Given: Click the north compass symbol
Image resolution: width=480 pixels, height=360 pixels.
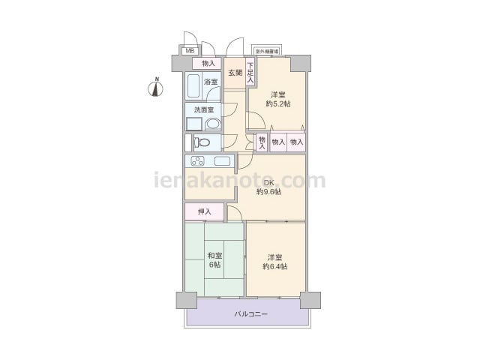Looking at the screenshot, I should pyautogui.click(x=156, y=88).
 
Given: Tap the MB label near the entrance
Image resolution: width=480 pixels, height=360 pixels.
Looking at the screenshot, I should pyautogui.click(x=189, y=51).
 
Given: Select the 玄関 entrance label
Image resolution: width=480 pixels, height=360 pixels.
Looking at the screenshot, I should pyautogui.click(x=235, y=73).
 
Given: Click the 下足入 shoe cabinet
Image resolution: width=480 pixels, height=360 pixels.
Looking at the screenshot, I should pyautogui.click(x=250, y=73).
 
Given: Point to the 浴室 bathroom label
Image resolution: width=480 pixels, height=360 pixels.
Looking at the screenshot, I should pyautogui.click(x=211, y=82).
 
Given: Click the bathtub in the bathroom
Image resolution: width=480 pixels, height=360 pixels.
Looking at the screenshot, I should pyautogui.click(x=193, y=86).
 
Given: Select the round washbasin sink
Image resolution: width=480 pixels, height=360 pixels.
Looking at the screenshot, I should pyautogui.click(x=212, y=124).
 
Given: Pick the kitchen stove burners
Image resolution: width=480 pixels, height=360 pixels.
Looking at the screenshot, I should pyautogui.click(x=198, y=160).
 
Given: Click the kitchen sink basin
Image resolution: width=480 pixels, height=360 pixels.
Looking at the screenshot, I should pyautogui.click(x=223, y=160).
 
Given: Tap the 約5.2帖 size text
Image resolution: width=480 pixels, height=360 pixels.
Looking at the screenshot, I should pyautogui.click(x=278, y=104).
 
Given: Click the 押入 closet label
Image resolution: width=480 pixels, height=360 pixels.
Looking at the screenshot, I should pyautogui.click(x=204, y=212).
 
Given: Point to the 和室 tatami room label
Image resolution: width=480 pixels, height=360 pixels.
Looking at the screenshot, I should pyautogui.click(x=214, y=255).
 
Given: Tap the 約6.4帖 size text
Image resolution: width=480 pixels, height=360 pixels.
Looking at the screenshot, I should pyautogui.click(x=274, y=266).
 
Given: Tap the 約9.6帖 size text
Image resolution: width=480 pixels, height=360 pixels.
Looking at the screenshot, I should pyautogui.click(x=268, y=192).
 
